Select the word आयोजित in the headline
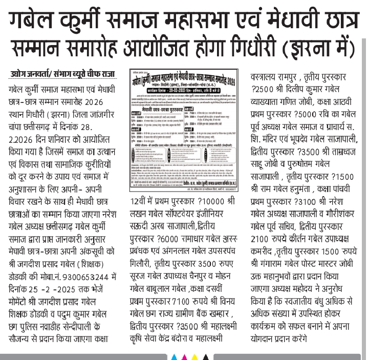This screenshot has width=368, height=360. (x=166, y=49)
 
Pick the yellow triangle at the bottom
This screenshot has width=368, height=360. (x=195, y=355)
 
